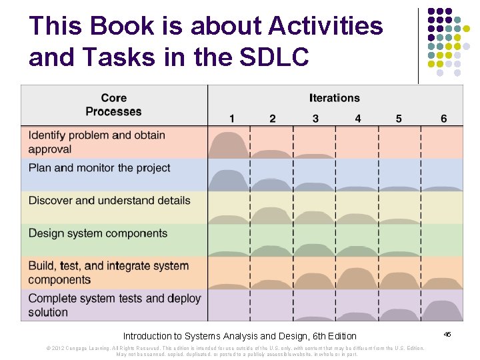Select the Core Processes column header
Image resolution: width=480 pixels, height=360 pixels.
(x=114, y=105)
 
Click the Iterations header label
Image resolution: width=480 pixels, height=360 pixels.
(x=334, y=98)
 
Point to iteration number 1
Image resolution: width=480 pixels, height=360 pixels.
(x=231, y=119)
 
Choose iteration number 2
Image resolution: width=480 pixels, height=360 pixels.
(x=272, y=119)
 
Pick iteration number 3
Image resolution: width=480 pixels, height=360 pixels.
(x=315, y=119)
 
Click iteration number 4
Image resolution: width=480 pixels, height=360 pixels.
(x=358, y=119)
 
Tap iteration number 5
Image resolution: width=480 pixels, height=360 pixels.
(x=399, y=119)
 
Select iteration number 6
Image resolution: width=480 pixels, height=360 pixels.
(x=443, y=119)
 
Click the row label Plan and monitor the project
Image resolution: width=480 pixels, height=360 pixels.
(x=99, y=168)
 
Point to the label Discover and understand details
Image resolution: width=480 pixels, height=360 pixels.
(x=109, y=201)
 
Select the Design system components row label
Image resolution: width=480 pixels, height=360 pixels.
(x=98, y=233)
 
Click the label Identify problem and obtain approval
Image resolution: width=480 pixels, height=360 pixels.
(x=97, y=142)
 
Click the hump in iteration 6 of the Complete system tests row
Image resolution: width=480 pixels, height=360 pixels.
(x=442, y=311)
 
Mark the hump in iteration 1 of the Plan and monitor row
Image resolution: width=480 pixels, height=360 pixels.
(x=229, y=181)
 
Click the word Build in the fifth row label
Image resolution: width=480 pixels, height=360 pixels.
(x=42, y=266)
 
